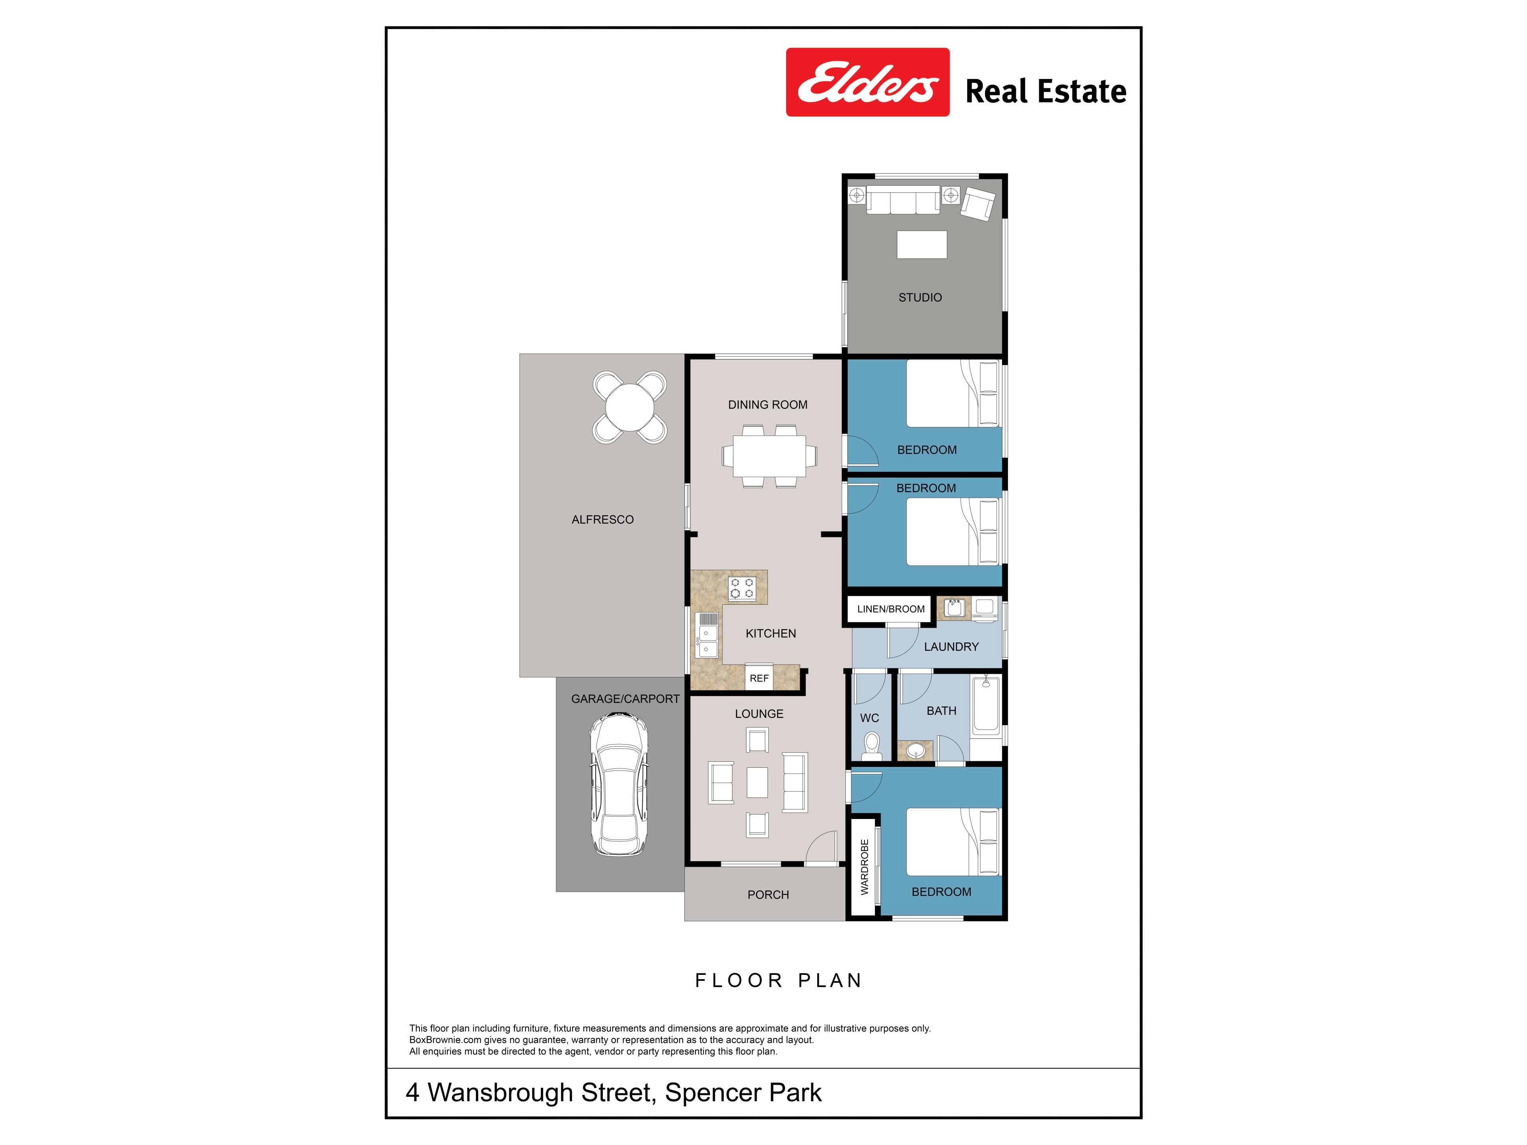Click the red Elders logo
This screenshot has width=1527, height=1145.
tap(868, 82)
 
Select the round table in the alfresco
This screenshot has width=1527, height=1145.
tap(629, 407)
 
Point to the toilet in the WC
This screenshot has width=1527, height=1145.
tap(872, 746)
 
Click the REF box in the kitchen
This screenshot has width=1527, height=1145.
tap(760, 678)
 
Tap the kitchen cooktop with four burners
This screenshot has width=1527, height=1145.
tap(742, 588)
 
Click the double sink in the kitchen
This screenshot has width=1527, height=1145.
tap(707, 635)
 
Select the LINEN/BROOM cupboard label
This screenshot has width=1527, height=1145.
tap(890, 609)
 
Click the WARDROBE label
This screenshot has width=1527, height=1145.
tap(864, 867)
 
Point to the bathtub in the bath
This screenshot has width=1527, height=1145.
tap(986, 707)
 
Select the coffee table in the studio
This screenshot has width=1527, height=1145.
tap(922, 245)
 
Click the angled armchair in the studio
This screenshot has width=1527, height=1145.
tap(978, 204)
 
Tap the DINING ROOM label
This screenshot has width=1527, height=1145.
tap(767, 404)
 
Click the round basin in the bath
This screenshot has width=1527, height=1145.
tap(916, 750)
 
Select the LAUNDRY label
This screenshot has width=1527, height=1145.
tap(951, 647)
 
